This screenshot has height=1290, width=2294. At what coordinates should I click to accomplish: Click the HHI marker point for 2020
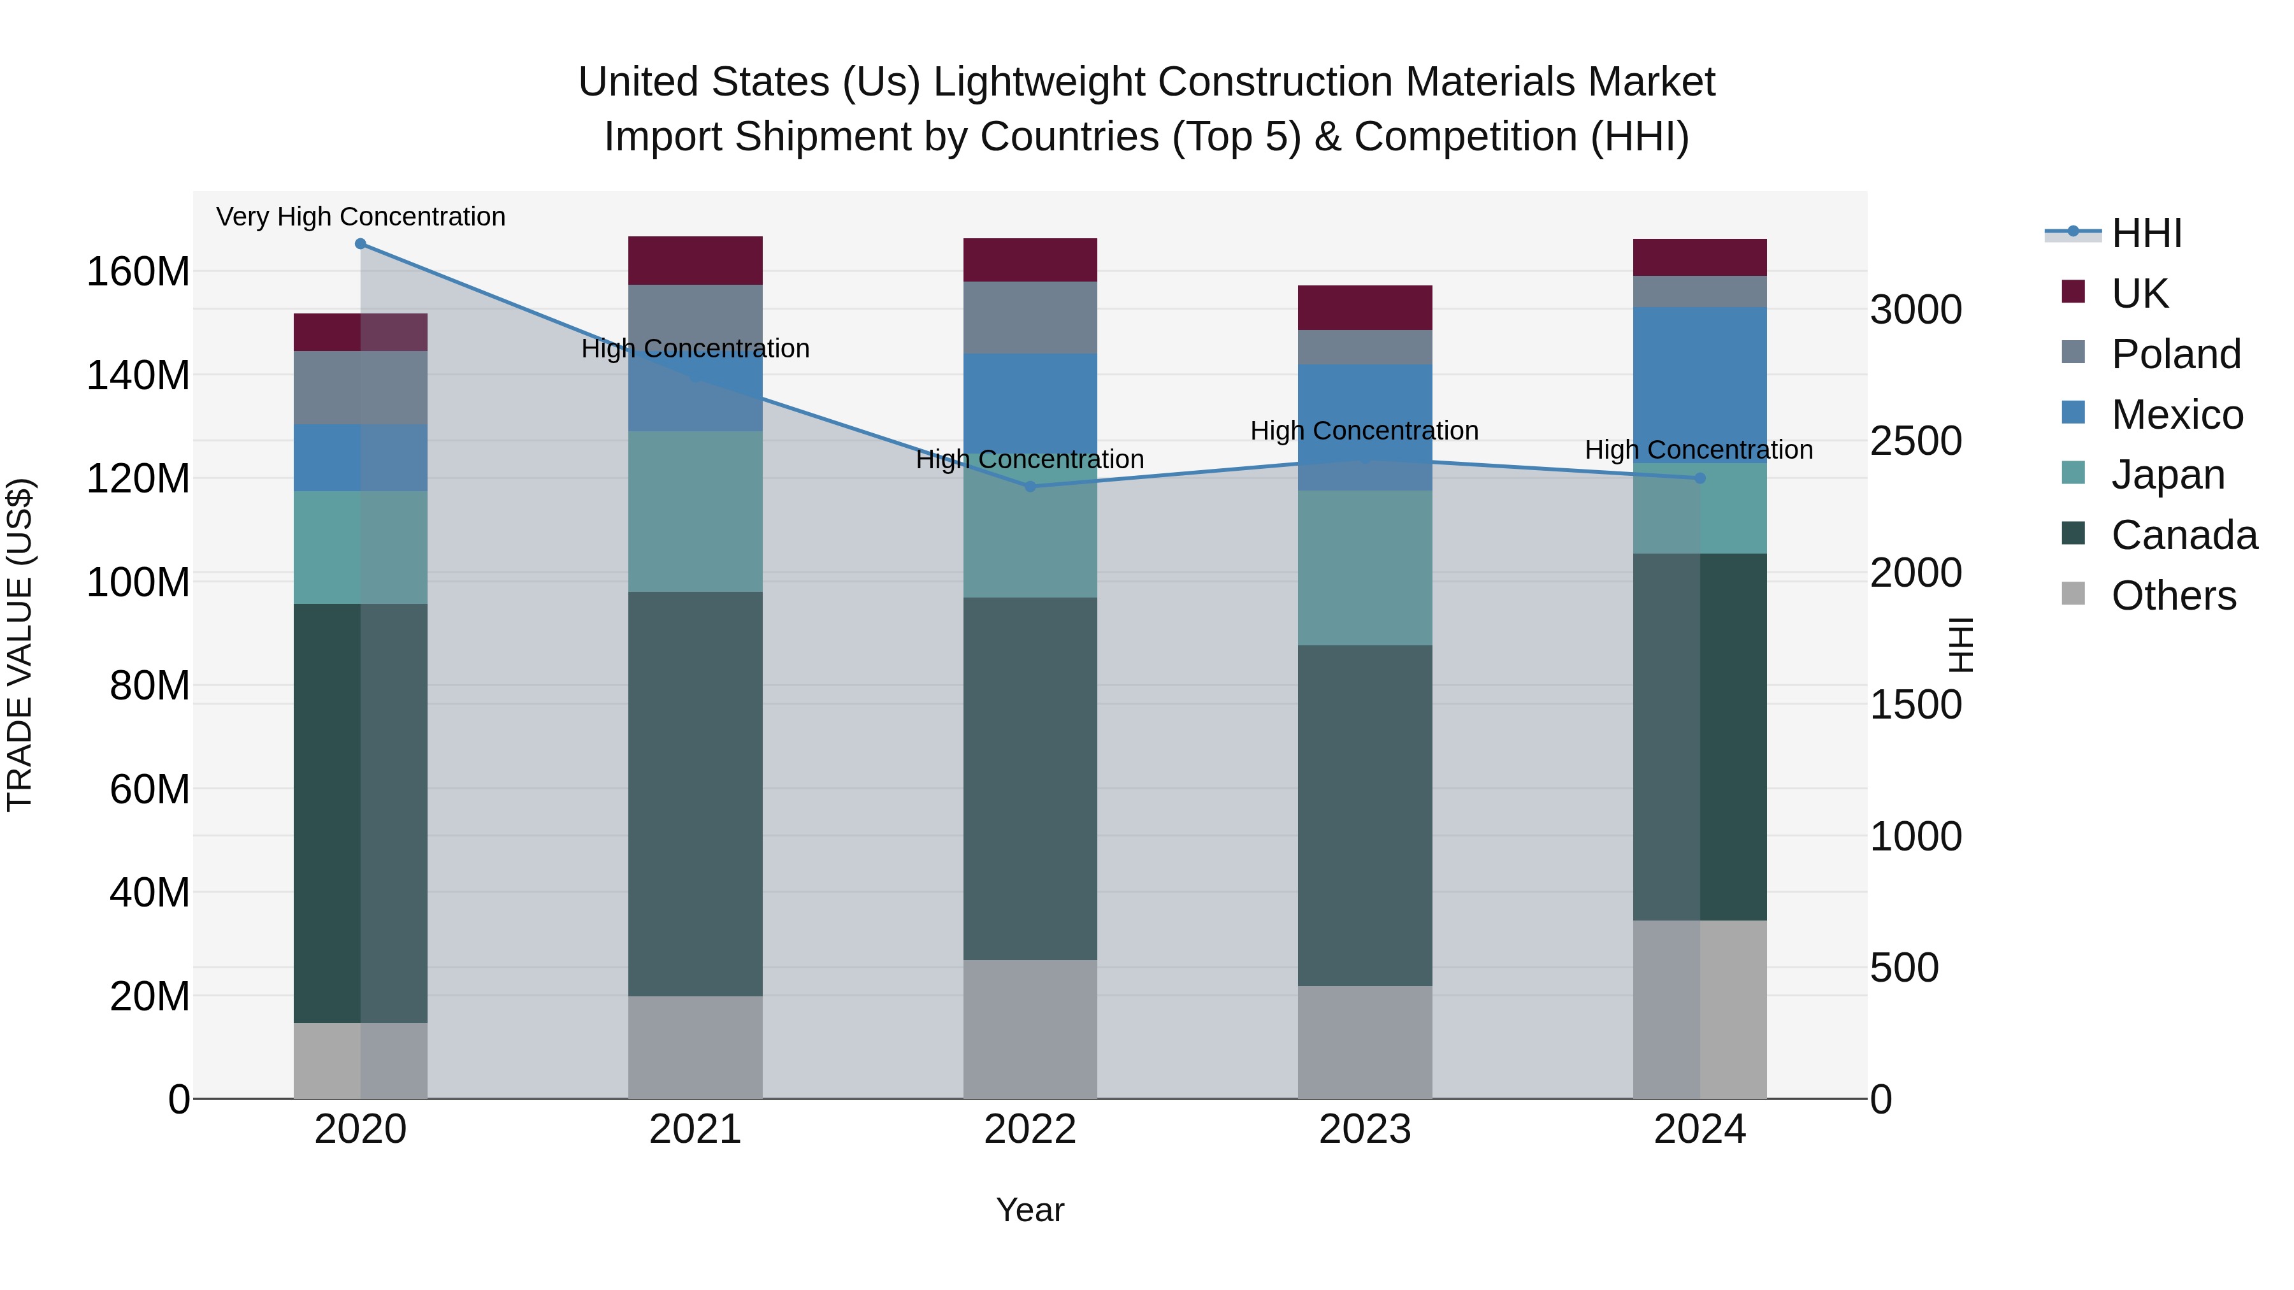point(361,244)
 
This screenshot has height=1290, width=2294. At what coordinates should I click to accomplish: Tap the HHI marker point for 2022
point(1030,487)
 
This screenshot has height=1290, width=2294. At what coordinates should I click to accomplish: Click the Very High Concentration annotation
point(361,217)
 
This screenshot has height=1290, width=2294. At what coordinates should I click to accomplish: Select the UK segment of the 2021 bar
point(695,261)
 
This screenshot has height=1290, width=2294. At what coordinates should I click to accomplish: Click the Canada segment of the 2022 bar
point(1030,779)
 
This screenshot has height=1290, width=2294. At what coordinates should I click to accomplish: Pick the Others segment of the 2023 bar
point(1364,1042)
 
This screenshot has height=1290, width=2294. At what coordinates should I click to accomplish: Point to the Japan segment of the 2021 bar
point(695,512)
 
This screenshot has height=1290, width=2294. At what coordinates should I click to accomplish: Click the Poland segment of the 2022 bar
point(1030,318)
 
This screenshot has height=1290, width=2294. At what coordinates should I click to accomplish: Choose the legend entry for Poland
point(2175,354)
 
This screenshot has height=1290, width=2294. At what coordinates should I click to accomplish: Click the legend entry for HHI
point(2146,233)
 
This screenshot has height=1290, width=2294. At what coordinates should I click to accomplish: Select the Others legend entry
point(2173,596)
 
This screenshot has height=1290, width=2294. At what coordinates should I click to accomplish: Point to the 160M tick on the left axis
point(138,271)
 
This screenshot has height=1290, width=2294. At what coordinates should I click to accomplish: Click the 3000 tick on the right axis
point(1915,310)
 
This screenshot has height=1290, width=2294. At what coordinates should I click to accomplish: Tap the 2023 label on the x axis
point(1364,1129)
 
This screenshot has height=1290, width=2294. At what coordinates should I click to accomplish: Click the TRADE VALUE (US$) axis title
point(20,645)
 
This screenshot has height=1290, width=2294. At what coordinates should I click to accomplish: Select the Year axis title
point(1030,1210)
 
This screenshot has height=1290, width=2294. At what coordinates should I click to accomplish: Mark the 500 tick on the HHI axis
point(1904,968)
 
